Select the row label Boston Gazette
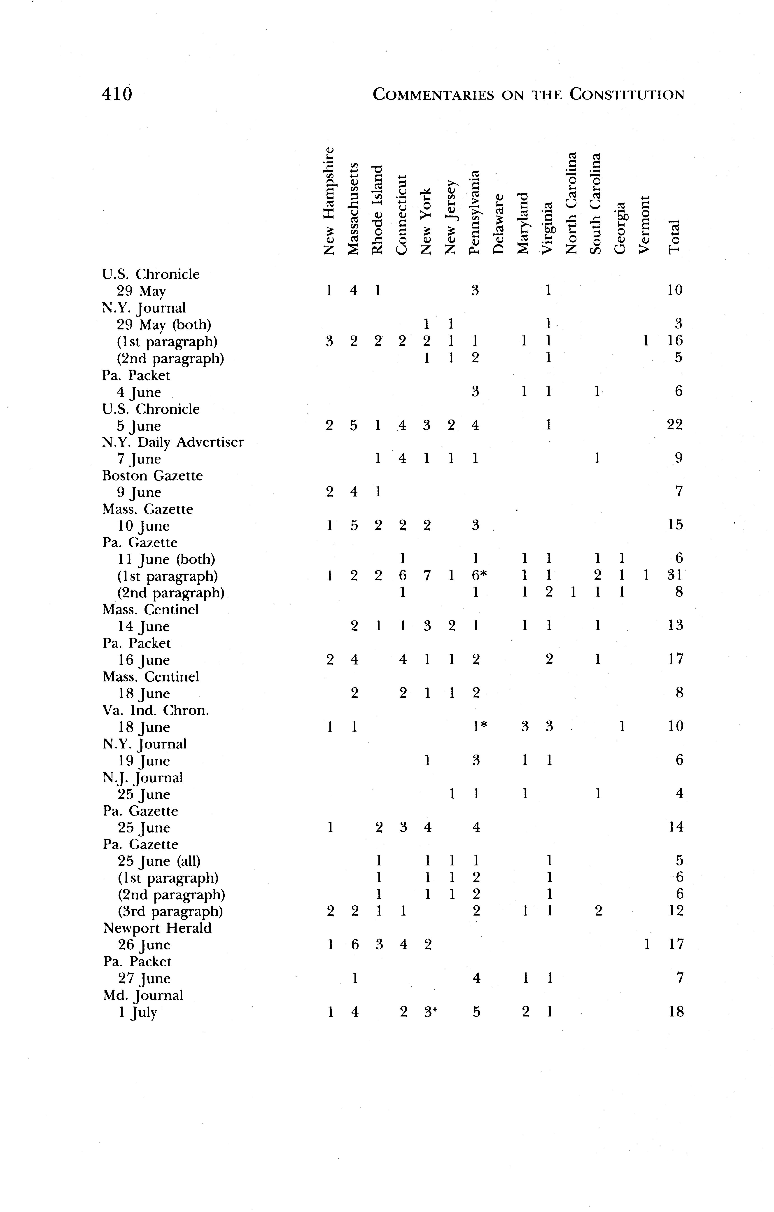[152, 476]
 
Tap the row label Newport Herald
[158, 928]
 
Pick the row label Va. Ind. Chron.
[156, 710]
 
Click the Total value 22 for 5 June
[674, 425]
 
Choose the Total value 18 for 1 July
[676, 1012]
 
